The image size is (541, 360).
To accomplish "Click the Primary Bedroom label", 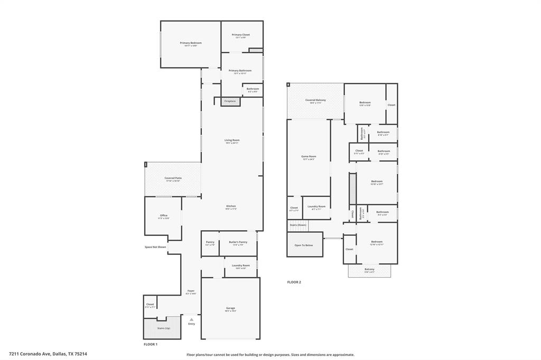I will [x=190, y=43].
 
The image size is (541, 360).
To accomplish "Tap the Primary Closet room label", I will [x=240, y=35].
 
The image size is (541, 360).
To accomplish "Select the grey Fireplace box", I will [x=230, y=101].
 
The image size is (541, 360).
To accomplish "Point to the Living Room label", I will [x=232, y=140].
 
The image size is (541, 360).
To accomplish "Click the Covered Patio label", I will [x=173, y=178].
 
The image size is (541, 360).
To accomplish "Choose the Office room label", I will [x=164, y=215].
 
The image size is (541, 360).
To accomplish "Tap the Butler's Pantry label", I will [x=238, y=242].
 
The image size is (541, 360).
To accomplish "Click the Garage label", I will [x=230, y=308].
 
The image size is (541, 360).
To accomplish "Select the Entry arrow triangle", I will [x=191, y=319].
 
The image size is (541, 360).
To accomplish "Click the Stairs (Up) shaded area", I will [x=163, y=328].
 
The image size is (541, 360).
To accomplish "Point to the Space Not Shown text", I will [x=155, y=247].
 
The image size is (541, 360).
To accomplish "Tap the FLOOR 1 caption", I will [x=151, y=344].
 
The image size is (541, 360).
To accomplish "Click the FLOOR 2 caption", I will [x=294, y=282].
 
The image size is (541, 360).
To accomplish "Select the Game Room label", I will [x=309, y=157].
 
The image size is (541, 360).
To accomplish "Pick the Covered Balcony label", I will [x=315, y=100].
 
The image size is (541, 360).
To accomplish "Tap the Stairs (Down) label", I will [x=297, y=225].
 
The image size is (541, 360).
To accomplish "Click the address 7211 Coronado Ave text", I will [x=48, y=354].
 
